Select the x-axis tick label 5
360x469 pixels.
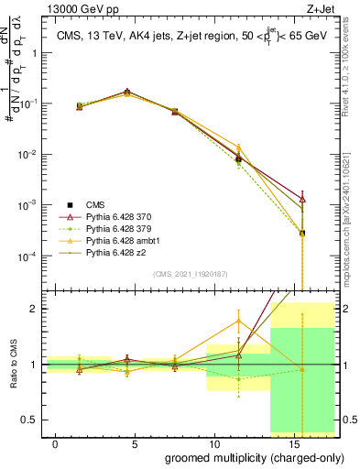[135, 443]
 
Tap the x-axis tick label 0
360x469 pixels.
[56, 443]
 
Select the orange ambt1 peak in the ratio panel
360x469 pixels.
[238, 321]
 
